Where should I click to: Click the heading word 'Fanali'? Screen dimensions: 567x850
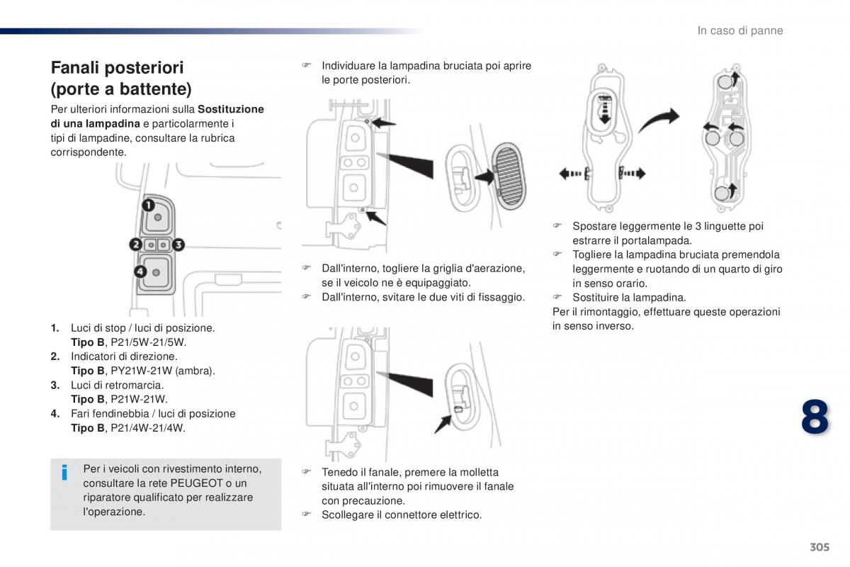point(76,68)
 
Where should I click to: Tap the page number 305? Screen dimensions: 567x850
point(818,547)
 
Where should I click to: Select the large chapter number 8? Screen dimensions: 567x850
point(815,417)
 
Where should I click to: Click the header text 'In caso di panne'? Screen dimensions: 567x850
point(740,30)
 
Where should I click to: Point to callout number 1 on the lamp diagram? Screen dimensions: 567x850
point(149,206)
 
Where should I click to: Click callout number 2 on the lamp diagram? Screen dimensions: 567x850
point(135,245)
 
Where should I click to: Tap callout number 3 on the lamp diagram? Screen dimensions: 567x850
point(178,245)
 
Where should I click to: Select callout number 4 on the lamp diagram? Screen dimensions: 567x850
point(140,271)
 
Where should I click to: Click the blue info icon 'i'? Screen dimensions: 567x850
point(64,472)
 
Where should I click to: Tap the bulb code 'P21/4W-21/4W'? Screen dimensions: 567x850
point(148,428)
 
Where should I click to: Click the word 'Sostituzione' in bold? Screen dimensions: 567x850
point(231,109)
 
